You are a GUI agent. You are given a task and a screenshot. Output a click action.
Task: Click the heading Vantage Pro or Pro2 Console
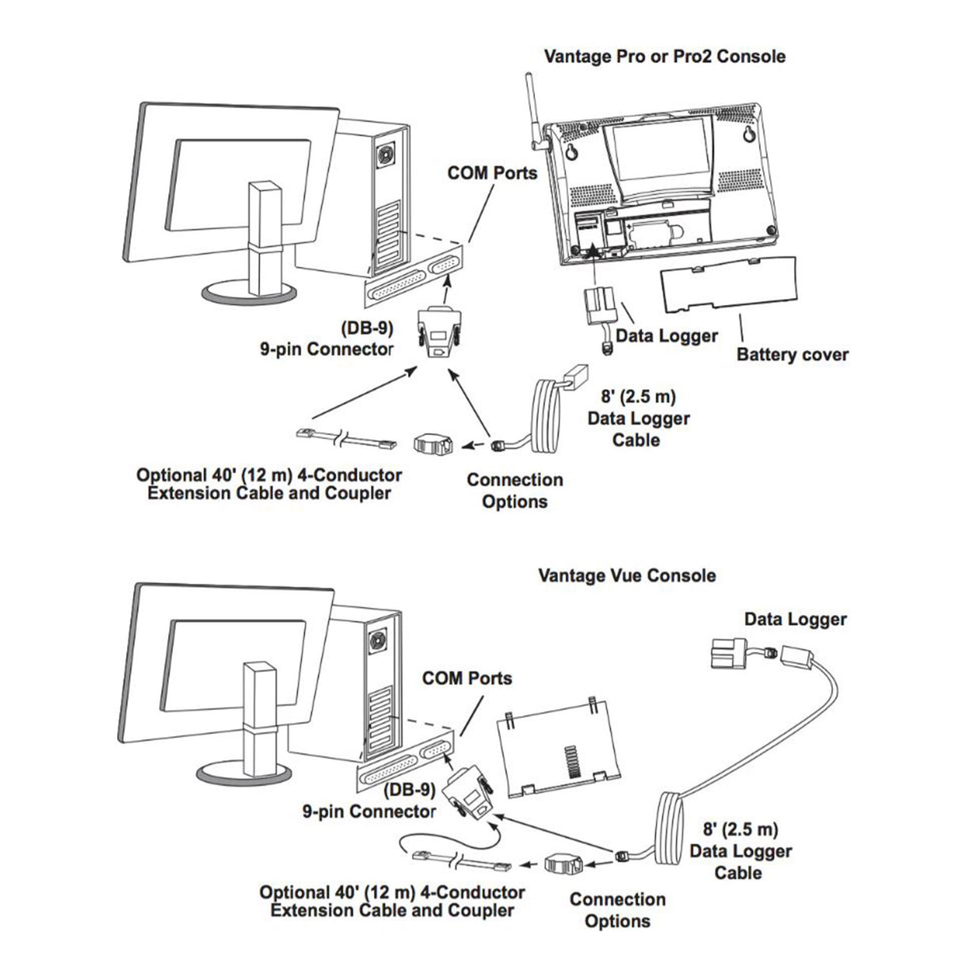665,57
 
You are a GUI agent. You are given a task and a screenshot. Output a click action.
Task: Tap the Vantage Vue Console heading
626,575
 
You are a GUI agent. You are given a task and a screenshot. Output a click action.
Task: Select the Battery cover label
792,353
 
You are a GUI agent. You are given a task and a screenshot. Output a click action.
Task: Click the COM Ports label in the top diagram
492,172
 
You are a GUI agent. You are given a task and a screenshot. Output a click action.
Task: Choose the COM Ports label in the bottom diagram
467,678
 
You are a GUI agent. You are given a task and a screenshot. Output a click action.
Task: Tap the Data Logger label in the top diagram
666,336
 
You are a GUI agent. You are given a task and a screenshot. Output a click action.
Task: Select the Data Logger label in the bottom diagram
795,619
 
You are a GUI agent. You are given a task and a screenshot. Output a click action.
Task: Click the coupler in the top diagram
433,445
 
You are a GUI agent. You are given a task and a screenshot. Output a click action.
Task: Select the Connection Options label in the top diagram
514,491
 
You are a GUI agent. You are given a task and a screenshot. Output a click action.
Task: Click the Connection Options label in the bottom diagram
617,910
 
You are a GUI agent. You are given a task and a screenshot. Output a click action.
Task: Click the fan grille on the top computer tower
387,155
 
